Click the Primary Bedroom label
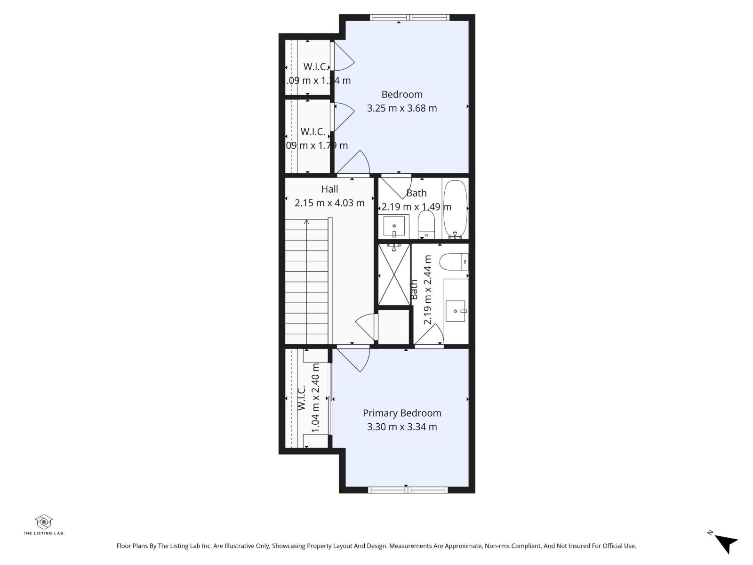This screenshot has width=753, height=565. pos(402,413)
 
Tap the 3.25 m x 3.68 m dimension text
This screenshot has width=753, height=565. pos(402,108)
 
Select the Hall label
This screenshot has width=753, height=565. pos(329,189)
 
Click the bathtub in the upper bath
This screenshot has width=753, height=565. pos(455,209)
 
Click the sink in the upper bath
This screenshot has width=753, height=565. pos(394,226)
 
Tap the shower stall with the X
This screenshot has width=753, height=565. pos(394,274)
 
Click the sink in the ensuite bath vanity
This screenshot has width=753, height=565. pos(456,311)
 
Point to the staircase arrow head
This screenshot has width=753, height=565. pos(306,221)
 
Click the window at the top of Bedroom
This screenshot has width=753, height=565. pos(409,17)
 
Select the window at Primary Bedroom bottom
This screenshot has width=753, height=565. pos(408,490)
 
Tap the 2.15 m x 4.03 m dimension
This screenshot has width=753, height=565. pos(329,203)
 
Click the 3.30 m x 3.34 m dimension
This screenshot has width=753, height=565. pos(402,427)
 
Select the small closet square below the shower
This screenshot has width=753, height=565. pos(394,326)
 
